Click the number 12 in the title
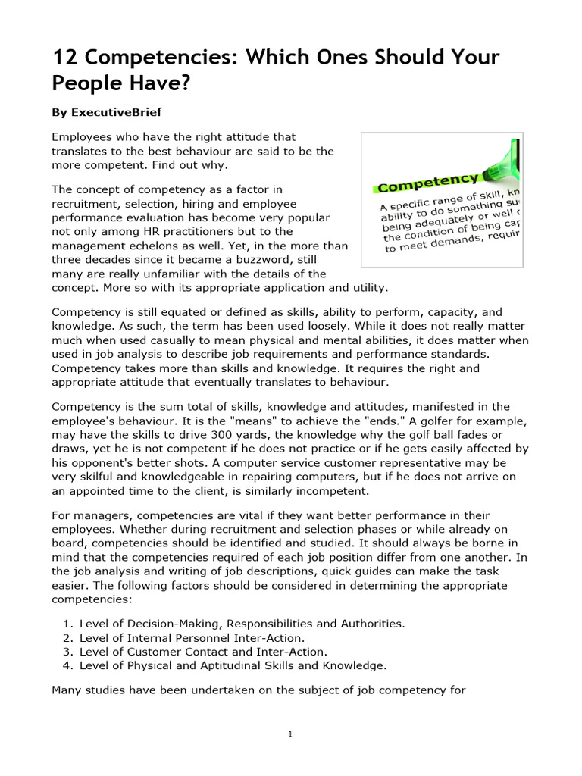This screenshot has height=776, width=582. coord(64,58)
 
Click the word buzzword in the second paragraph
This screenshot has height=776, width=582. coord(268,259)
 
